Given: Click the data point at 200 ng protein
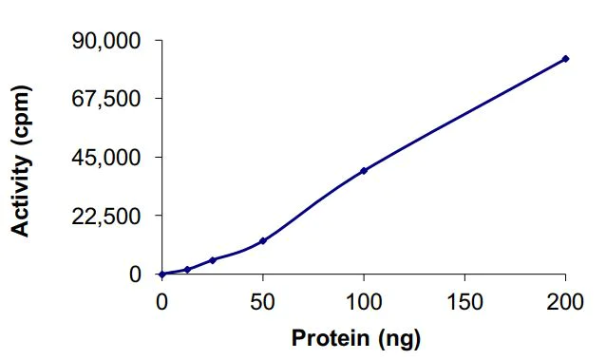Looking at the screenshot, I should click(565, 59).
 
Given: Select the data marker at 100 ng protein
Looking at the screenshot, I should click(364, 171).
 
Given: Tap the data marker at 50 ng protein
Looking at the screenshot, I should click(263, 240).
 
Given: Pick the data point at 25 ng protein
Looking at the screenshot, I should click(213, 259).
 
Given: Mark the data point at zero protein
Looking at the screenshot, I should click(162, 274).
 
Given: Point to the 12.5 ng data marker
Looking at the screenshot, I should click(187, 269).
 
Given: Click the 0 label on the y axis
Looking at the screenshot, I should click(135, 275).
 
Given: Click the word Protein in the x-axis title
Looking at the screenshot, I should click(328, 337).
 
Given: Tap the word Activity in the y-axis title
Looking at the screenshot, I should click(20, 189).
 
